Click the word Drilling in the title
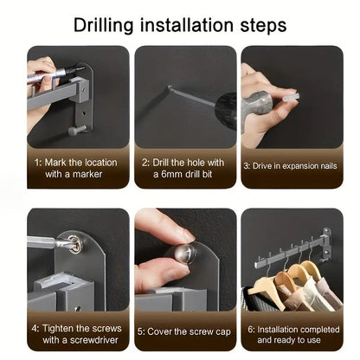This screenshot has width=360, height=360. tap(103, 25)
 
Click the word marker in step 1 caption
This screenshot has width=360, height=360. tap(87, 174)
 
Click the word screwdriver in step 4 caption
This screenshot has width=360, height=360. tap(94, 340)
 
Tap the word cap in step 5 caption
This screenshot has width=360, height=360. tap(222, 332)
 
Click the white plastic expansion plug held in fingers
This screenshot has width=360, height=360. tap(290, 96)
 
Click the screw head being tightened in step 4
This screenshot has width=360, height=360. tap(74, 242)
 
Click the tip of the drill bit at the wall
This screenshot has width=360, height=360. tap(169, 87)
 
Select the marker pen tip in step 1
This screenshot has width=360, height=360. tap(83, 68)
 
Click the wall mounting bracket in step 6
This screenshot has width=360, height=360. tap(326, 243)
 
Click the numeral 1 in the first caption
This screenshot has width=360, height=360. tap(37, 163)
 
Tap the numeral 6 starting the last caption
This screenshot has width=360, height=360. tap(250, 330)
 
